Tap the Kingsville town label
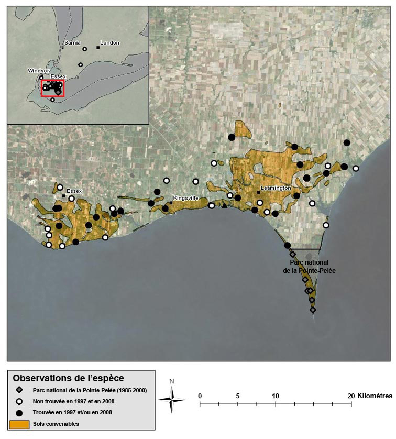tap(186, 199)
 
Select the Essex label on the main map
tap(74, 192)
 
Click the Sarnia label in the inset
tap(71, 42)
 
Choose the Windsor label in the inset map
tap(38, 70)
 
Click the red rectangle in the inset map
tap(52, 88)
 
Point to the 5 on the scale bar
tap(238, 396)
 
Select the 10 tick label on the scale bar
tap(276, 396)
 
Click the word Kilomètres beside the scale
tap(375, 396)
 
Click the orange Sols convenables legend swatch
tap(19, 423)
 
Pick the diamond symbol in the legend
tap(19, 390)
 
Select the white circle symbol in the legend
tap(19, 401)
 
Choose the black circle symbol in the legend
tap(19, 412)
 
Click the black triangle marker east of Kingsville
tap(224, 205)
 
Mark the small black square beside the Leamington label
tap(258, 192)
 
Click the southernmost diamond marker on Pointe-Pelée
tap(313, 310)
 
